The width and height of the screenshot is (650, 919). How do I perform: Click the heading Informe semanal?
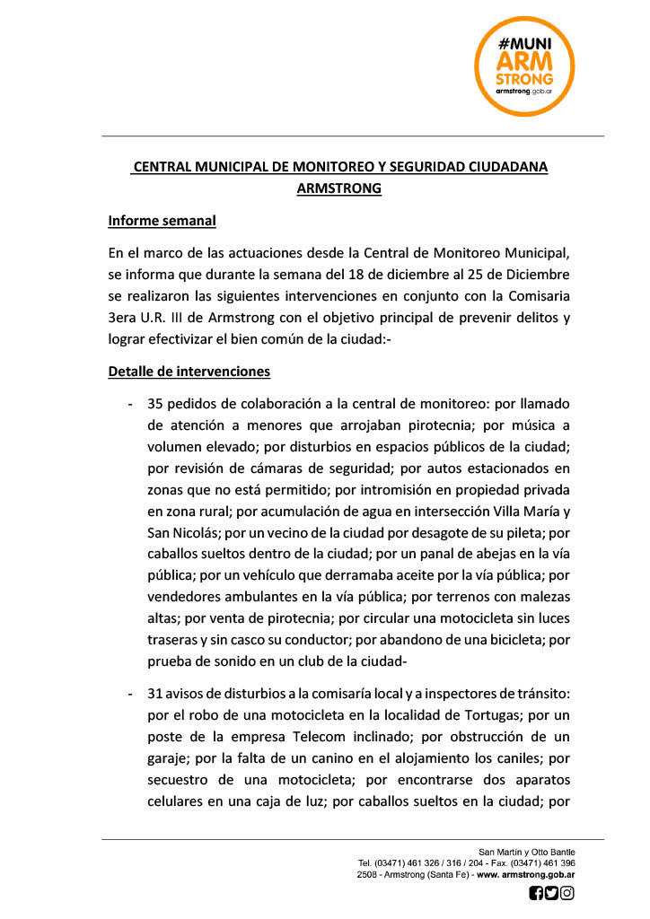point(162,220)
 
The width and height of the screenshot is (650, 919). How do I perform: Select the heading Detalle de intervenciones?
point(189,371)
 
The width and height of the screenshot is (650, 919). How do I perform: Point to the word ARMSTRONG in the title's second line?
point(338,188)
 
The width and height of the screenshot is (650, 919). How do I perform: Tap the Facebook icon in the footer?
point(536,893)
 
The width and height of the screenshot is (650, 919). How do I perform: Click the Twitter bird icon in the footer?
point(551,893)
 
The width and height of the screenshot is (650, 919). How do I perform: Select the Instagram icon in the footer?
point(567,893)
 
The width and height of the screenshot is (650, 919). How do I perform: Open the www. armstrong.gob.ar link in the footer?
point(526,874)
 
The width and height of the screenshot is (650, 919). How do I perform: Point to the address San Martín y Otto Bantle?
point(527,852)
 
